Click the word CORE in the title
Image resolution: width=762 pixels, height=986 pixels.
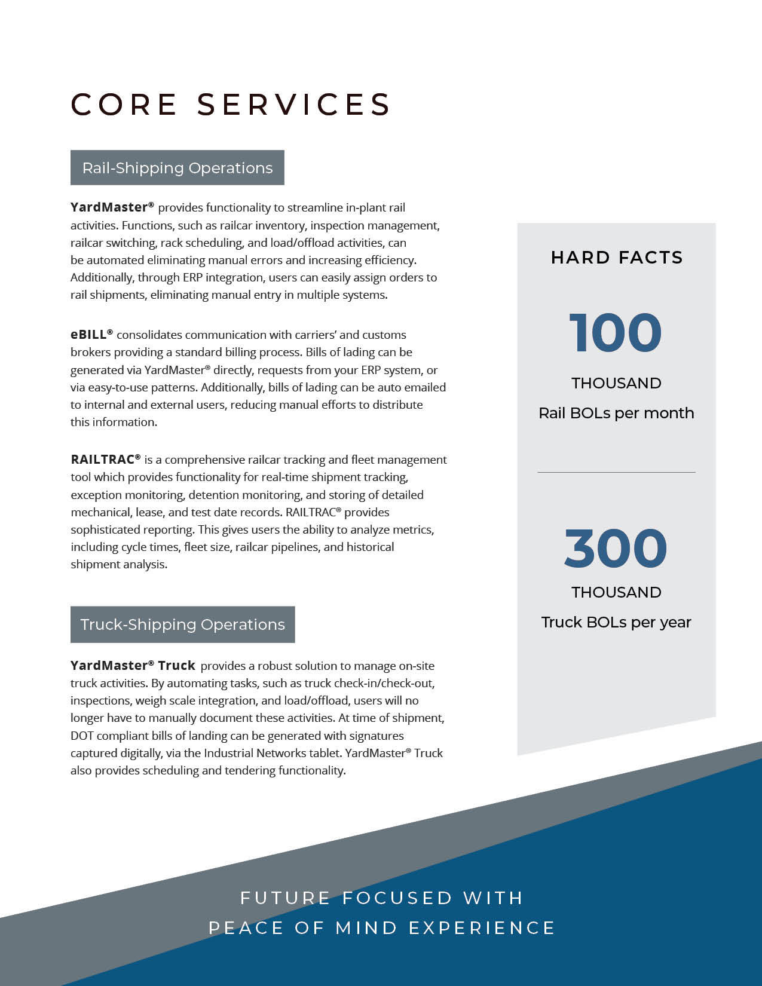tap(124, 105)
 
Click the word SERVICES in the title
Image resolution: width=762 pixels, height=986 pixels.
tap(293, 105)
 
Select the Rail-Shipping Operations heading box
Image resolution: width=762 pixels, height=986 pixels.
tap(178, 168)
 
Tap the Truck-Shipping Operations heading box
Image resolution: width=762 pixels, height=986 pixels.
tap(182, 624)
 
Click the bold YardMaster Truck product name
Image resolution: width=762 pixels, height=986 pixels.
tap(133, 666)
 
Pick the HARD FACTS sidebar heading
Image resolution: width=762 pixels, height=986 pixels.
tap(616, 258)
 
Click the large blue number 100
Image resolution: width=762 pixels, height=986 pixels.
tap(616, 333)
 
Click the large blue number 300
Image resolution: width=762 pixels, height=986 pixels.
tap(616, 548)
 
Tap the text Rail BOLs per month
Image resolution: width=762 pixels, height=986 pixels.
tap(616, 413)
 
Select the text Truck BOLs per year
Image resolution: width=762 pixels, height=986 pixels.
tap(616, 622)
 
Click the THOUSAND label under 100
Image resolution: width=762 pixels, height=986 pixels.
tap(616, 383)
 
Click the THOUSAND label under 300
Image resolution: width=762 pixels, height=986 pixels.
tap(616, 592)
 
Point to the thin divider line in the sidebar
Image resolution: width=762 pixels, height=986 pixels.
tap(616, 472)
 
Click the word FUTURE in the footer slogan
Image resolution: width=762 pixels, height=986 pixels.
tap(285, 898)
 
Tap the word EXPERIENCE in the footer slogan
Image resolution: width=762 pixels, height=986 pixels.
tap(482, 928)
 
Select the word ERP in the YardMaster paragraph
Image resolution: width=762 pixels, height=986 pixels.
tap(192, 277)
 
